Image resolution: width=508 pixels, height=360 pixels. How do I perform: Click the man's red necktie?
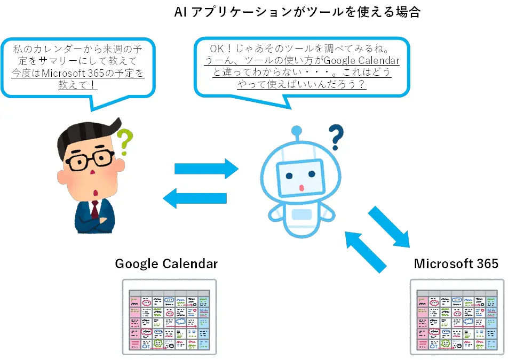point(94,210)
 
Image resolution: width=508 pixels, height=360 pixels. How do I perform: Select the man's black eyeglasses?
point(89,160)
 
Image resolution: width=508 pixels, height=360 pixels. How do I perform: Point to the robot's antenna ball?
point(297,131)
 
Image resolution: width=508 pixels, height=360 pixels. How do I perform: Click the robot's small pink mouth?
point(301,188)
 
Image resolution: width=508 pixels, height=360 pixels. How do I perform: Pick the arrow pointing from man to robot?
point(207,169)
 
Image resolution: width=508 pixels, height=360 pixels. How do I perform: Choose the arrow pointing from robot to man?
point(194,198)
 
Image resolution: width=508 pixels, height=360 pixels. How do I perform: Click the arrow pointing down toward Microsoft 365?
point(390,227)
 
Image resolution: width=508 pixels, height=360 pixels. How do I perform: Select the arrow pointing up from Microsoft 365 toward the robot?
point(366,252)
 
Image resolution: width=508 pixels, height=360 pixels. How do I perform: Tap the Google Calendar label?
point(166,264)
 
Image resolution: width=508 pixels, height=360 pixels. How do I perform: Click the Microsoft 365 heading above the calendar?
point(456,263)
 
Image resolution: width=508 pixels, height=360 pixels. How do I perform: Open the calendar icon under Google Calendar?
point(169,317)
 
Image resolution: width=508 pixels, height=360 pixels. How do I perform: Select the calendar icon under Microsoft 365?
point(457,317)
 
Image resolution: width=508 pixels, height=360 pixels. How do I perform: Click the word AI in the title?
point(181,12)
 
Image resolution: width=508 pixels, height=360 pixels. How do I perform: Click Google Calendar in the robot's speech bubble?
point(362,61)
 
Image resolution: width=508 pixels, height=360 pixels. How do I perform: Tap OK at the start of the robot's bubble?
point(217,49)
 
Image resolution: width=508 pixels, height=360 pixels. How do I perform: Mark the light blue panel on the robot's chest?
point(301,214)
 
